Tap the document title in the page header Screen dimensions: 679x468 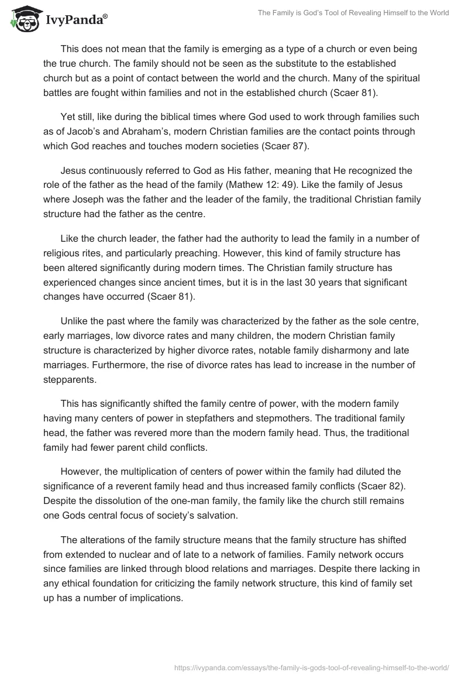click(x=353, y=13)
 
